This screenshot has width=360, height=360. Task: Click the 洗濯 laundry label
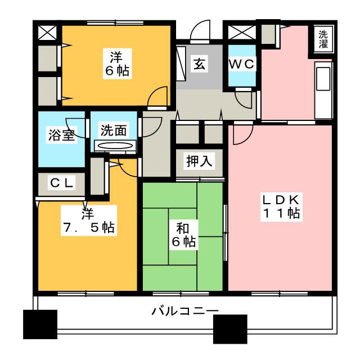[323, 39]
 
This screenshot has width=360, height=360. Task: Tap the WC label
[242, 64]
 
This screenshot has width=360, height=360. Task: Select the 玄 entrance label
[199, 64]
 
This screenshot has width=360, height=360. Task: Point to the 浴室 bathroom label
[61, 135]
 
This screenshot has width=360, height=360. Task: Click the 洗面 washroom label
[114, 130]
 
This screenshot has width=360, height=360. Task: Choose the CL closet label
[61, 183]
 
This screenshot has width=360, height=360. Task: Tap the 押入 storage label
[199, 161]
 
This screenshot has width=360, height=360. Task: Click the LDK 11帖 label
[281, 207]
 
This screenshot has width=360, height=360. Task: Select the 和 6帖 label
[184, 235]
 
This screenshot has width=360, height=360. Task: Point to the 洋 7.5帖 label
[89, 220]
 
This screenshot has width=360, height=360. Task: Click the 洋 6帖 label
[117, 64]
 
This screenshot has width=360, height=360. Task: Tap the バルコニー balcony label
[185, 311]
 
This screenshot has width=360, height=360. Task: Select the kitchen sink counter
[323, 90]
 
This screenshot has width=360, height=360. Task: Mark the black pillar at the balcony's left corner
[40, 324]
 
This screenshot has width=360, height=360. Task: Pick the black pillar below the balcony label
[230, 329]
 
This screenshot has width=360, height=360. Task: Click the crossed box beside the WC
[242, 33]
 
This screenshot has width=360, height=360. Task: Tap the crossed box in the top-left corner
[47, 33]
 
